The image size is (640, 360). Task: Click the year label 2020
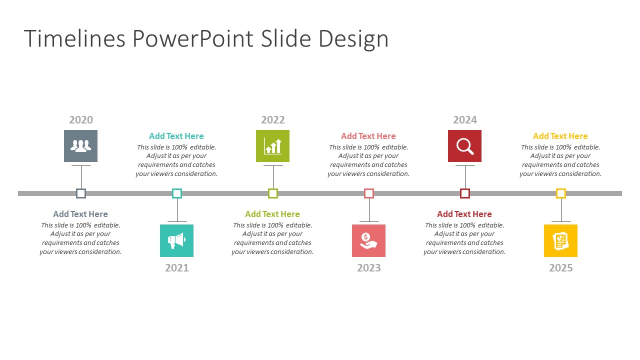coord(81,119)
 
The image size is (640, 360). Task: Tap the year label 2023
coord(369,267)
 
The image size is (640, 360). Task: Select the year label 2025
coord(561,267)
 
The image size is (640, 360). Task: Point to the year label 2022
coord(273,119)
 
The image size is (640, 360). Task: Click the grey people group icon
coord(80,146)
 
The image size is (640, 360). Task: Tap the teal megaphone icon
coord(176,240)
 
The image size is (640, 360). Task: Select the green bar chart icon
coord(272,146)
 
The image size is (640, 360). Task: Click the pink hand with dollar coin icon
coord(368,240)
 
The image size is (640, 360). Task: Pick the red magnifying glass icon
coord(464,146)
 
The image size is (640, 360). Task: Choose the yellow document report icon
coord(560,240)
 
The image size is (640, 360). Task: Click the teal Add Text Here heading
coord(176,136)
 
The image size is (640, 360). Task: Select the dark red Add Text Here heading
coord(464,214)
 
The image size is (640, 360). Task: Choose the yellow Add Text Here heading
coord(560,136)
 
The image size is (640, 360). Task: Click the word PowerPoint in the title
coord(193,38)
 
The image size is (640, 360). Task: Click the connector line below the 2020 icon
coord(81,177)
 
